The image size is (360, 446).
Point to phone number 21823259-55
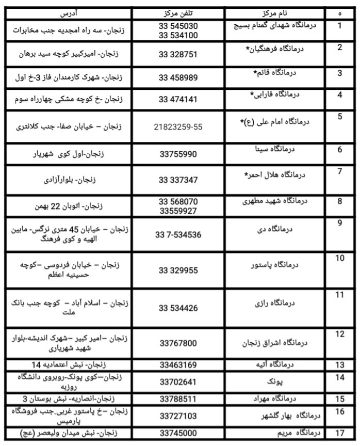[178, 126]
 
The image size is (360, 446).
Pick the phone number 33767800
[178, 342]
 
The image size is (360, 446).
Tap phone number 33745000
[178, 433]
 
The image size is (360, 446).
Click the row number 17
[339, 432]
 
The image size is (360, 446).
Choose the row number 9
[339, 223]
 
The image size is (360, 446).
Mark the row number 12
[339, 334]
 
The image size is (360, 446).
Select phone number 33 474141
[178, 99]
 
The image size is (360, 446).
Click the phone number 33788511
[178, 399]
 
